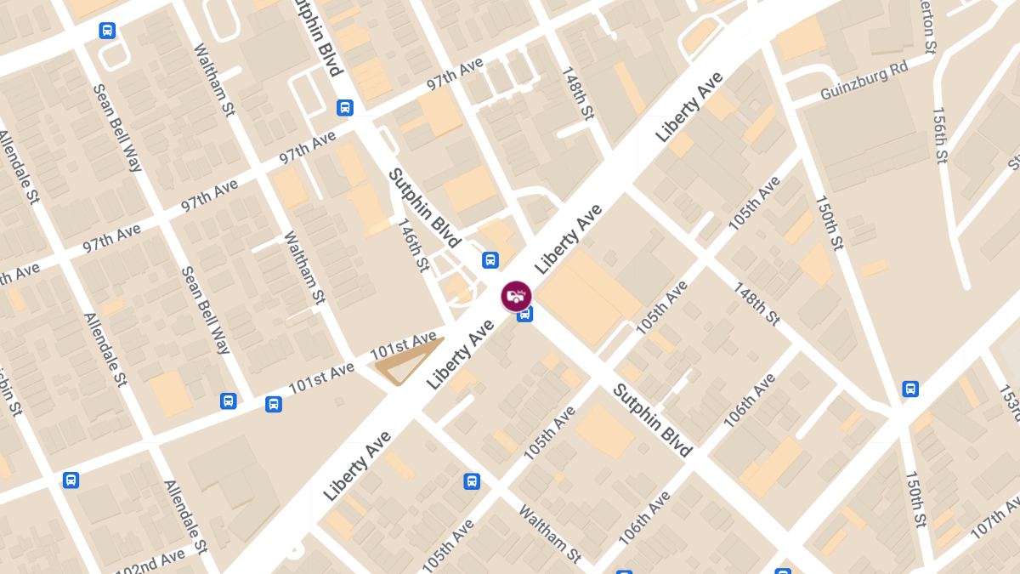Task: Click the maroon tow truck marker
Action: coord(516,296)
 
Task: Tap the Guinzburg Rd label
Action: coord(864,80)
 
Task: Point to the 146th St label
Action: coord(414,245)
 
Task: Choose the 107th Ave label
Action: coord(994,518)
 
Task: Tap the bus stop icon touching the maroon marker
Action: coord(525,315)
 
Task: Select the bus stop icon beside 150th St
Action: coord(910,389)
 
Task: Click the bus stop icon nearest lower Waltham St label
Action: coord(472,481)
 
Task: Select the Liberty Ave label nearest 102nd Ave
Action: coord(357,465)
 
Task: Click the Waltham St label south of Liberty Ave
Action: coord(550,534)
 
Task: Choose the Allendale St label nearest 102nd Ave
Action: coord(185,514)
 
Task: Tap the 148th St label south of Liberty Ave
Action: coord(756,304)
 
